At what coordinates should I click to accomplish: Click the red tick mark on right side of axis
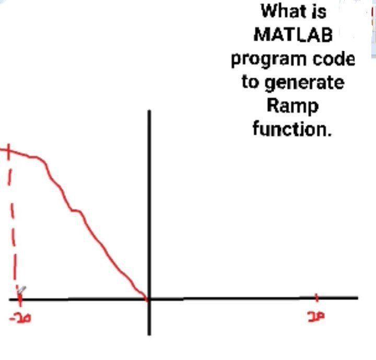[x=317, y=298]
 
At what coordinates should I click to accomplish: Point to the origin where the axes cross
[x=149, y=299]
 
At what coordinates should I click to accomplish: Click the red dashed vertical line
[x=13, y=224]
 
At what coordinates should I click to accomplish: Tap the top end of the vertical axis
[x=149, y=112]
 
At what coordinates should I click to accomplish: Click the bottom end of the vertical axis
[x=149, y=334]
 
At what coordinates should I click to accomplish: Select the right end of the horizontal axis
[x=357, y=298]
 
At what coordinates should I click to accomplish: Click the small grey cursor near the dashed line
[x=21, y=289]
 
